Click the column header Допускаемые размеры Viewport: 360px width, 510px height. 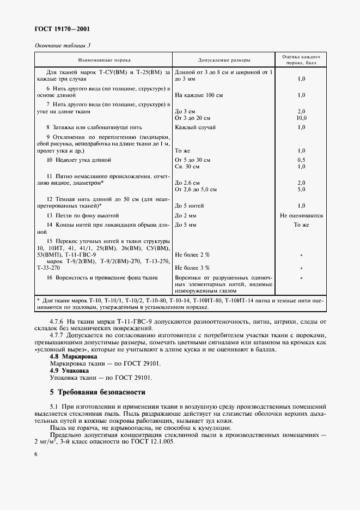(224, 60)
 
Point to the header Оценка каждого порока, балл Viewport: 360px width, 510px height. (301, 60)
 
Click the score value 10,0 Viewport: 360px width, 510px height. (301, 118)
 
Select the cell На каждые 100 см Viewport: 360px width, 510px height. (198, 95)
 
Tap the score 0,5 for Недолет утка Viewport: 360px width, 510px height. (301, 160)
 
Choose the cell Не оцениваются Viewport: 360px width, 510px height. (301, 216)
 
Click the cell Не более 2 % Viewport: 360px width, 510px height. (192, 254)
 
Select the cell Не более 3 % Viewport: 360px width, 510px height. (192, 268)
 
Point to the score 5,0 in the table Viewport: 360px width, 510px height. (301, 190)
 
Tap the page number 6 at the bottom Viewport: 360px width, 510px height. (36, 453)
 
